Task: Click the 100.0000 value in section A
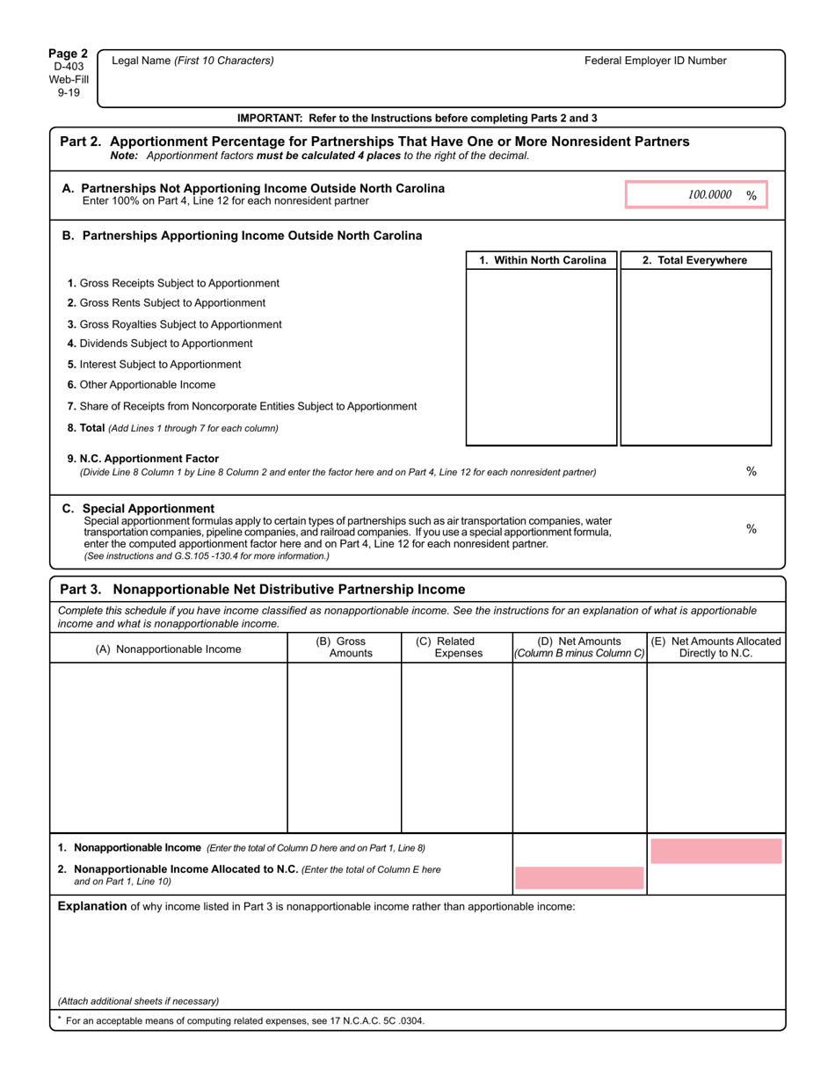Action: [709, 195]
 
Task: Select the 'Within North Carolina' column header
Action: [542, 260]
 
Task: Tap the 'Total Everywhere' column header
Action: [694, 260]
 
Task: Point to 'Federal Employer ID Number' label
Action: [655, 61]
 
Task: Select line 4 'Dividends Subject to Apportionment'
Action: [160, 344]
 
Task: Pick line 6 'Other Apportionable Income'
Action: [141, 385]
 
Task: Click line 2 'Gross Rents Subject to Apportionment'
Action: [166, 303]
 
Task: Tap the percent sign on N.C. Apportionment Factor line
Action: [751, 471]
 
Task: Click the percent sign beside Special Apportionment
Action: [751, 528]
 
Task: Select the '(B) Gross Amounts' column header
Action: [344, 647]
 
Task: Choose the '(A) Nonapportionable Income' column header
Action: [168, 649]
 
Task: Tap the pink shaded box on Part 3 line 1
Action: [715, 851]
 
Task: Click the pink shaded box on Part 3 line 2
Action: [578, 878]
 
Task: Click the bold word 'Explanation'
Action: [91, 906]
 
